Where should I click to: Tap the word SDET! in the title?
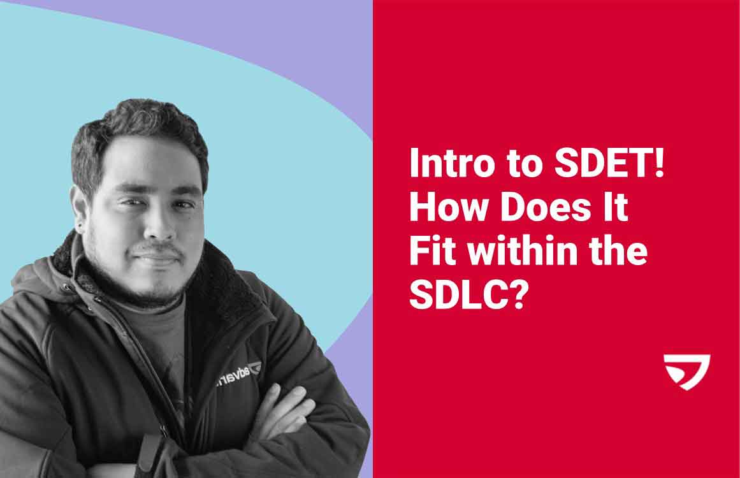610,163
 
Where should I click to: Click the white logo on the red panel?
686,372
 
